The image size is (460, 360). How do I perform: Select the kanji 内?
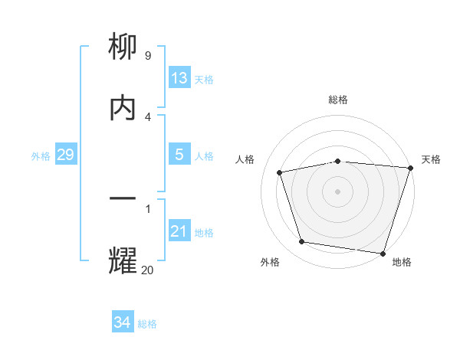[123, 107]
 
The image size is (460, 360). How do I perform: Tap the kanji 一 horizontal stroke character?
[123, 199]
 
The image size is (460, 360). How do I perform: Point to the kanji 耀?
[123, 260]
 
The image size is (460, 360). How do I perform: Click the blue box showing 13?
[179, 77]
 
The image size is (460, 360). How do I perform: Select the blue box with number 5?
[179, 155]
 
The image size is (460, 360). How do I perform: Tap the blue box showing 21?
[179, 231]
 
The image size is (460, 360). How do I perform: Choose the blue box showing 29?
[65, 155]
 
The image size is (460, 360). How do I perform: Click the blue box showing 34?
[122, 322]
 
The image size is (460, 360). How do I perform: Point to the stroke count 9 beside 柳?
[147, 55]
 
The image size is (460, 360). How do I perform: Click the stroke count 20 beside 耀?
[147, 269]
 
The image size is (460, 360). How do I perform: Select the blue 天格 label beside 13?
[204, 79]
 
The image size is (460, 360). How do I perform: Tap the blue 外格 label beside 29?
[41, 155]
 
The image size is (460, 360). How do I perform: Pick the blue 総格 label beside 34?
[147, 324]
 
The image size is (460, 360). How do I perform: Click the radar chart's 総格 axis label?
[338, 100]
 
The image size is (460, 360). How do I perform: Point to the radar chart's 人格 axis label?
[245, 159]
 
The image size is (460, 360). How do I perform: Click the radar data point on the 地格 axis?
[383, 253]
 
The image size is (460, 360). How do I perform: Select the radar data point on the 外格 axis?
[302, 242]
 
